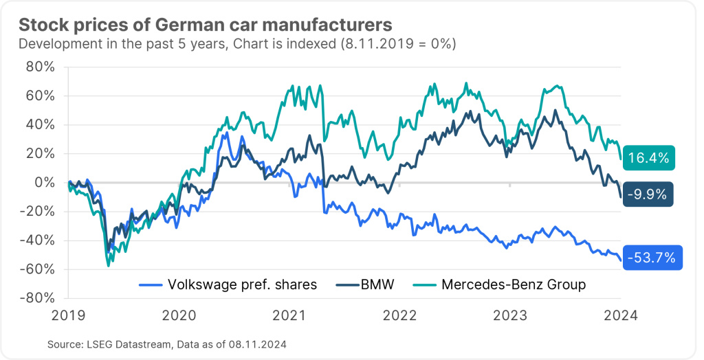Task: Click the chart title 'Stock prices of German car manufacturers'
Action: [x=205, y=25]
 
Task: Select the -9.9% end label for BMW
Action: [x=648, y=194]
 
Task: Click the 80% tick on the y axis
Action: [x=39, y=67]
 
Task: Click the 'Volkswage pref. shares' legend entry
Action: [x=241, y=284]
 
